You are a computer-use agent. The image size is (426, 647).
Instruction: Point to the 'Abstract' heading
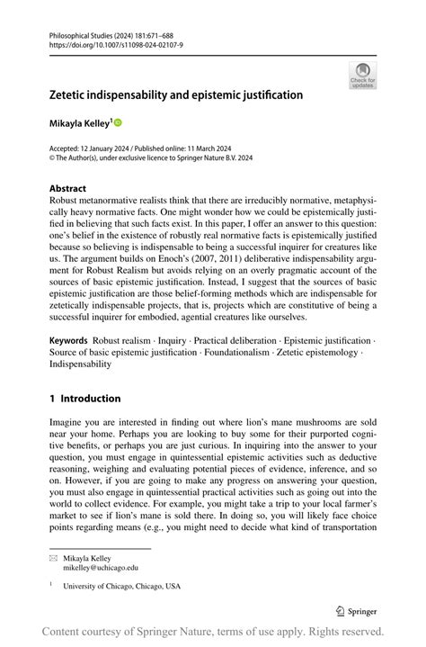pos(68,189)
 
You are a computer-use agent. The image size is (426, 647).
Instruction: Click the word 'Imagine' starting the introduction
pos(67,422)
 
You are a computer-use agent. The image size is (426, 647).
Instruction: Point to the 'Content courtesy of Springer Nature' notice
pos(213,632)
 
